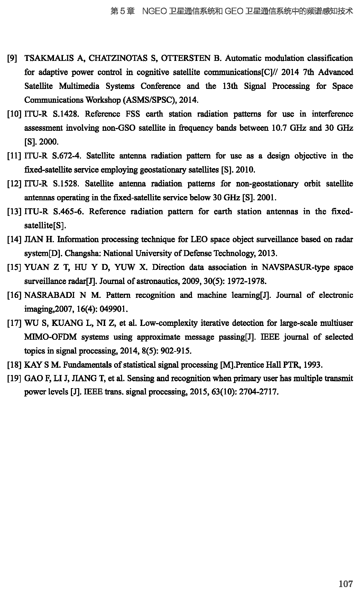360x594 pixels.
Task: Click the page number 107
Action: tap(345, 584)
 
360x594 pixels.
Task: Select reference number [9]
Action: tap(12, 58)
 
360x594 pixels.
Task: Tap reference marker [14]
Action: tap(14, 239)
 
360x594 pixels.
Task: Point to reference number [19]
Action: tap(14, 378)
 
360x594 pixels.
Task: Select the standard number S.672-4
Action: tap(67, 156)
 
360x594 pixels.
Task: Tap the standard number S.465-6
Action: tap(68, 211)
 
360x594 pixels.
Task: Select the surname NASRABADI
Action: tap(49, 295)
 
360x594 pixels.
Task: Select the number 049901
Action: tap(114, 309)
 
